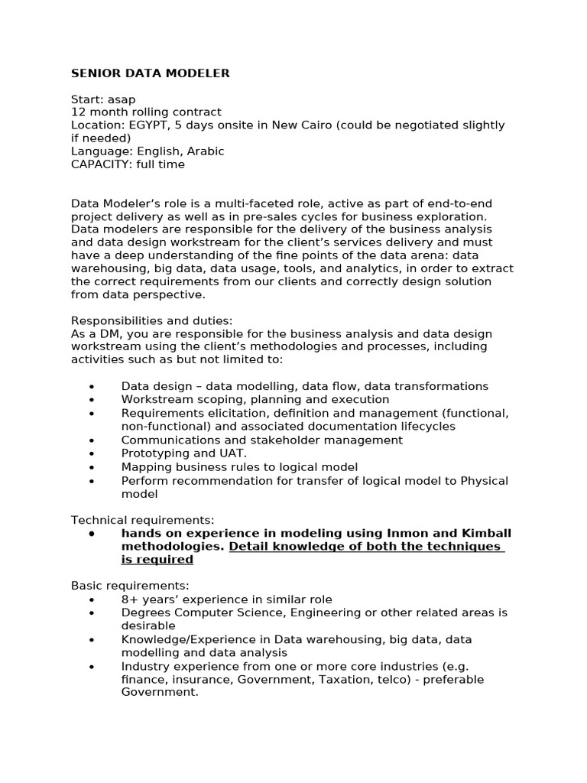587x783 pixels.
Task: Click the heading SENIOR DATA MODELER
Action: point(150,73)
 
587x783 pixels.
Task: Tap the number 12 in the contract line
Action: point(78,112)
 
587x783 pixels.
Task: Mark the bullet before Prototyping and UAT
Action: point(92,453)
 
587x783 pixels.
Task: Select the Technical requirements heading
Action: point(143,520)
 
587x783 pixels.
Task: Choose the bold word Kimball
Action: point(486,533)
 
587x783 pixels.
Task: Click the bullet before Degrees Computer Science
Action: point(92,612)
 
